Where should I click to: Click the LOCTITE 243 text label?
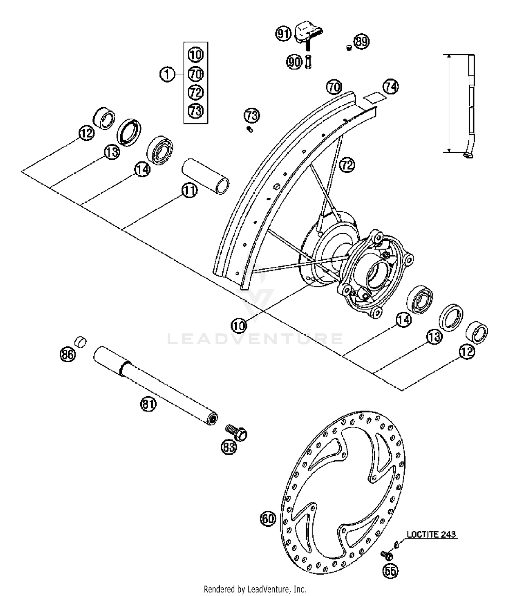coord(431,534)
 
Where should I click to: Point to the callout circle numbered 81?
coord(148,404)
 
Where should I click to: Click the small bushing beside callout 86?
coord(81,341)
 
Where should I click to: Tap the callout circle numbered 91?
coord(283,34)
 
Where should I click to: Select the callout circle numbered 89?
coord(361,41)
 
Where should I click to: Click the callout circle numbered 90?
coord(294,62)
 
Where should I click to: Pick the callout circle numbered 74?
coord(391,87)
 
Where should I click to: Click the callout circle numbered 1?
coord(167,74)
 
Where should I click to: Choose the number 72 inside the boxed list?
coord(195,92)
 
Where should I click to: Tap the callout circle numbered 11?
coord(189,190)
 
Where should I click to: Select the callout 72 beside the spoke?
coord(347,165)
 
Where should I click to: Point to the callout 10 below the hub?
coord(239,326)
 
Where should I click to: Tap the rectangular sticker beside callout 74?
coord(374,97)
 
